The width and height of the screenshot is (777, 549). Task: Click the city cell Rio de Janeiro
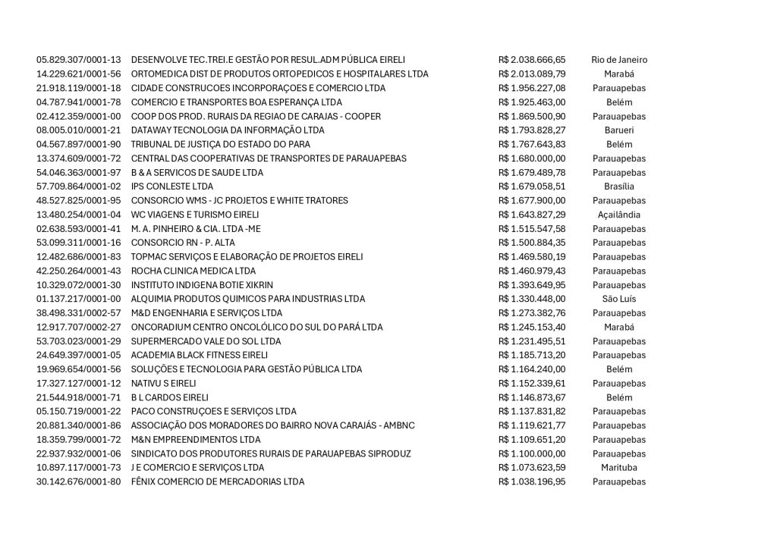point(618,60)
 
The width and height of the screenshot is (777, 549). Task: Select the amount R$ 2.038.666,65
point(532,60)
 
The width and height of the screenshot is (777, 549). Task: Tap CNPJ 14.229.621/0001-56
point(79,74)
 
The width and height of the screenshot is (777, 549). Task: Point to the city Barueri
point(618,130)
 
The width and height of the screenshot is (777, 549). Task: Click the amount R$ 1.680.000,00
point(532,158)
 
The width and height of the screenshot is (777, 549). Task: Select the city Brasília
point(618,187)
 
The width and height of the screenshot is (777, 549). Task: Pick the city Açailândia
point(618,215)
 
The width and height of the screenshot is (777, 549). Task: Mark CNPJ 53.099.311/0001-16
point(79,243)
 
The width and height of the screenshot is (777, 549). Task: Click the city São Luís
point(618,299)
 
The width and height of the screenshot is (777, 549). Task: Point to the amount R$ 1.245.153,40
point(532,327)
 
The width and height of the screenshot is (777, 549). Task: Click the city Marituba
point(618,467)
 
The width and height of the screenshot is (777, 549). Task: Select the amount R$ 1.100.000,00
point(532,453)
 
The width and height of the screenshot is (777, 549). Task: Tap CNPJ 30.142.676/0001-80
point(79,482)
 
